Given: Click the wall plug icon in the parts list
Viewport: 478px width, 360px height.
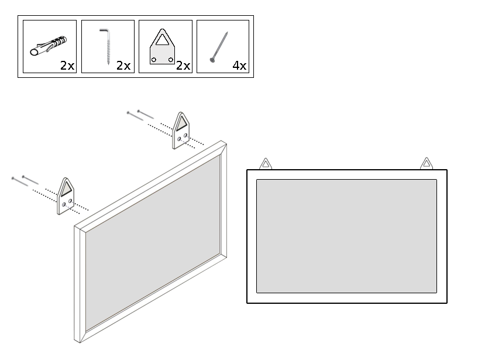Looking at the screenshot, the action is (x=48, y=46).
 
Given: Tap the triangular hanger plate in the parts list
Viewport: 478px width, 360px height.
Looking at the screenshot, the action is (x=162, y=46).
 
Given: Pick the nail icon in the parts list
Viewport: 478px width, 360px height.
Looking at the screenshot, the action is (x=219, y=47).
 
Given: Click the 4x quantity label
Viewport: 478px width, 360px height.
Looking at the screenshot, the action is (x=239, y=66).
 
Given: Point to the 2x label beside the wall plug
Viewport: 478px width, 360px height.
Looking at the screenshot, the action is (x=67, y=66).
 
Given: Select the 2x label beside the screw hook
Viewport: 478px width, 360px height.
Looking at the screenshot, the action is (x=123, y=66).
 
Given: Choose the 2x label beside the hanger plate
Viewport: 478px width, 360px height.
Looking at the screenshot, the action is (x=183, y=66).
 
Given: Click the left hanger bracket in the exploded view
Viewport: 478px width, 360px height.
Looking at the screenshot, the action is (x=66, y=196).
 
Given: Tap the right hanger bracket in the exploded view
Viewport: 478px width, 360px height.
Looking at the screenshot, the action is (x=181, y=131).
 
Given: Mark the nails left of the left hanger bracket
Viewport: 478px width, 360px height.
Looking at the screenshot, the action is (x=25, y=180).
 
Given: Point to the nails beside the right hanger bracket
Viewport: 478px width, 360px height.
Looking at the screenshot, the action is (x=140, y=115).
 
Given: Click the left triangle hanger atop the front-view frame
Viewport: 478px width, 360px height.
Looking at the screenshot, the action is (x=266, y=164).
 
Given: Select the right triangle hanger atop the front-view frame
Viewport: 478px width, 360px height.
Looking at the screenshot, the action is (x=427, y=163).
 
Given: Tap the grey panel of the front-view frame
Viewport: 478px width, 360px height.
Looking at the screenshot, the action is (x=346, y=236).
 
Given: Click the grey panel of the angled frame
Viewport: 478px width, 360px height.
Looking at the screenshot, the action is (x=153, y=243).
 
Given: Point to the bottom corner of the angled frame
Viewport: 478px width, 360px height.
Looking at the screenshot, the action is (x=80, y=342).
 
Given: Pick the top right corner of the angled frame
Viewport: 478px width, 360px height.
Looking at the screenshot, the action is (x=226, y=143).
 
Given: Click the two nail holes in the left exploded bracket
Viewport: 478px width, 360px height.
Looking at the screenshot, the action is (x=67, y=203).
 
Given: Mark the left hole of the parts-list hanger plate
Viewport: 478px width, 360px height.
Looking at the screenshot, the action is (x=154, y=60).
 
